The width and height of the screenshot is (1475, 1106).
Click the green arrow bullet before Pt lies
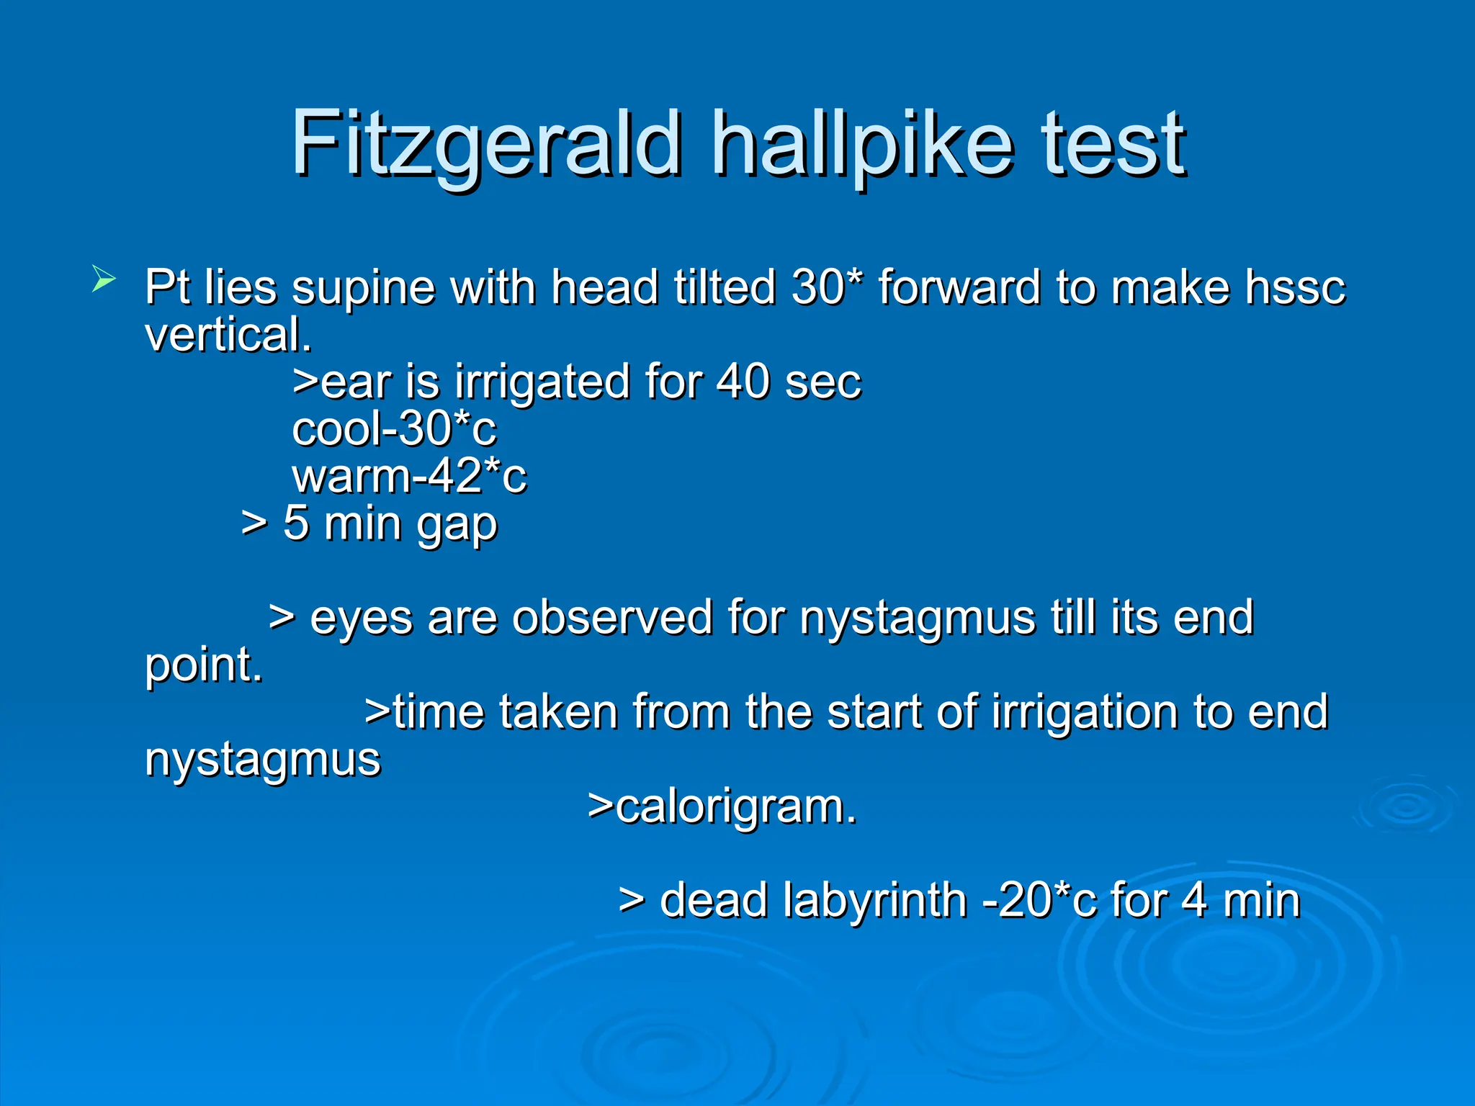point(103,279)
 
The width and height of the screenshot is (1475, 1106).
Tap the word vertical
point(228,335)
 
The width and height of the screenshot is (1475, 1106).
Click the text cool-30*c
point(394,429)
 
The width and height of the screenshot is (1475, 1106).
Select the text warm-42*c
point(409,477)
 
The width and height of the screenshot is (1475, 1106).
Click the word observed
point(612,618)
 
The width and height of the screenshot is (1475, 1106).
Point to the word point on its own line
point(203,665)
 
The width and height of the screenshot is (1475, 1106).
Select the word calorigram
point(735,806)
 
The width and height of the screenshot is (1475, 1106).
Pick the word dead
point(714,901)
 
